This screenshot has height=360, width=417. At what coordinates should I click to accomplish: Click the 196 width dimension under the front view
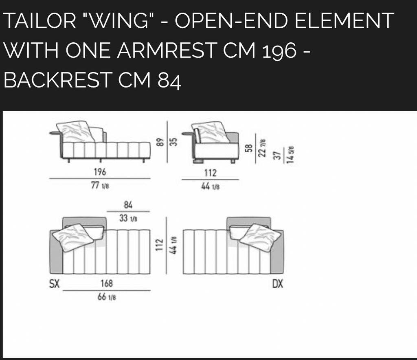[x=100, y=172]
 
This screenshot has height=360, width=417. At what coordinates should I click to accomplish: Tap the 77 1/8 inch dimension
[x=100, y=185]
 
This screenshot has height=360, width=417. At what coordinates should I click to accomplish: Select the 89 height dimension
[x=159, y=142]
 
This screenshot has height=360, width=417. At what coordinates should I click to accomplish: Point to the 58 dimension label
[x=249, y=148]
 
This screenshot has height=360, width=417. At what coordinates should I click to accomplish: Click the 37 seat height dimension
[x=277, y=156]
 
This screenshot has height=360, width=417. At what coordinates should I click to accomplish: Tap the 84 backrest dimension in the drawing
[x=128, y=205]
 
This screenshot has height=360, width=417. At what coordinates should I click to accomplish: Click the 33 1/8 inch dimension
[x=128, y=218]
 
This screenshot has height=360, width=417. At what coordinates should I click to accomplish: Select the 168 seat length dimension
[x=107, y=283]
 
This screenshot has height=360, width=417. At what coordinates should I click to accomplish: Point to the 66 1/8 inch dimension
[x=107, y=297]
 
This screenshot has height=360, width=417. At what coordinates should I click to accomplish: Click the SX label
[x=54, y=284]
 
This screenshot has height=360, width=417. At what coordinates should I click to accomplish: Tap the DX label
[x=278, y=284]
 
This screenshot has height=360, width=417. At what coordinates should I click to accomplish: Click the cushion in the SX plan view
[x=73, y=237]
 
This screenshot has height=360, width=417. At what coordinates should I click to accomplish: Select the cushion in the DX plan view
[x=261, y=237]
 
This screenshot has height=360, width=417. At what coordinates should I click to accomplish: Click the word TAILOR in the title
[x=40, y=20]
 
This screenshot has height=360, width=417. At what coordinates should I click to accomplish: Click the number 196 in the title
[x=279, y=51]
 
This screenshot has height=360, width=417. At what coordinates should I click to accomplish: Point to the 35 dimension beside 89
[x=173, y=142]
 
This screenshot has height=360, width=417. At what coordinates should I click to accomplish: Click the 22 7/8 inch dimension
[x=262, y=148]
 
